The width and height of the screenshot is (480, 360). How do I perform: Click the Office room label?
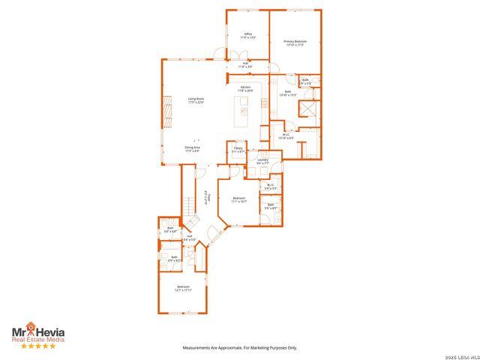pos(247,35)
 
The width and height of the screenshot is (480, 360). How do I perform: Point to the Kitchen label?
pos(245,89)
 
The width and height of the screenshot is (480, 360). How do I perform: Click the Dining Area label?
pos(192,149)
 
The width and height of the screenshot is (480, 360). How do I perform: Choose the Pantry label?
pos(237,150)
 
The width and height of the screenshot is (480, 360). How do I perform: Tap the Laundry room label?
pos(262,161)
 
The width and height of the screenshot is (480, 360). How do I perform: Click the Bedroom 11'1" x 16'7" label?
pos(238,199)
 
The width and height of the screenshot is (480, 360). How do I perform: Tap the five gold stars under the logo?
pos(37,346)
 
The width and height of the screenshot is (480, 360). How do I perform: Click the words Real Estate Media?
pos(37,339)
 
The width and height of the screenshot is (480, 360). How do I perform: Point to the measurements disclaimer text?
pos(240,348)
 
